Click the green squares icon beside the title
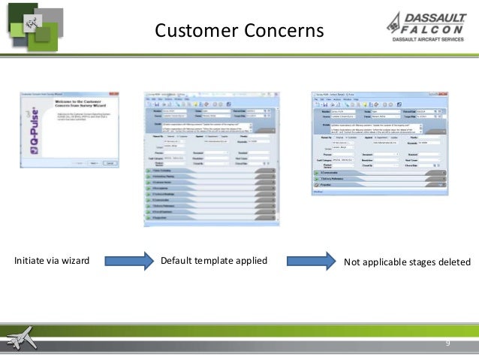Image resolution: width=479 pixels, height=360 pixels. [x=33, y=27]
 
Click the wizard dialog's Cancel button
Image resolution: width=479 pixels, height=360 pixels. [x=109, y=162]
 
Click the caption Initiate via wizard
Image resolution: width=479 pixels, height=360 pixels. [x=52, y=262]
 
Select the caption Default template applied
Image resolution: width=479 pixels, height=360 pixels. [x=213, y=262]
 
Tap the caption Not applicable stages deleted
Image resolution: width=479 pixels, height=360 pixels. [x=406, y=262]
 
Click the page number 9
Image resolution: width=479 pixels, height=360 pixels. [x=447, y=343]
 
